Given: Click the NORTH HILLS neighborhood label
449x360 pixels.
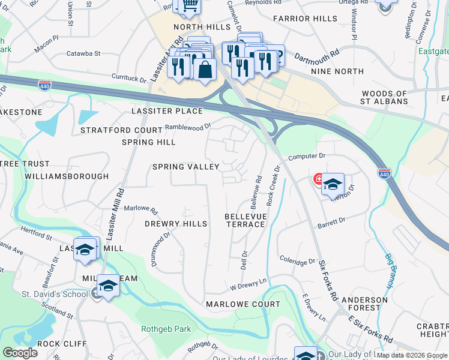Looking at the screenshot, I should pyautogui.click(x=202, y=28).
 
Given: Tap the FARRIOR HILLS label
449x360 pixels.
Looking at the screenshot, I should pyautogui.click(x=305, y=19).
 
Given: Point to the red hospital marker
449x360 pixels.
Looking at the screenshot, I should pyautogui.click(x=318, y=178).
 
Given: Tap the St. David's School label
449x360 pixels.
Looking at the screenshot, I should pyautogui.click(x=48, y=294).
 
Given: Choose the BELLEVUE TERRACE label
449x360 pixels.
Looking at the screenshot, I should pyautogui.click(x=245, y=220).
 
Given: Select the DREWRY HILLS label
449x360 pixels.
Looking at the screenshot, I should pyautogui.click(x=176, y=224).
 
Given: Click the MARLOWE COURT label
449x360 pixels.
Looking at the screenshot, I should pyautogui.click(x=243, y=304).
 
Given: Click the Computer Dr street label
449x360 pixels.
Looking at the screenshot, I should pyautogui.click(x=306, y=156).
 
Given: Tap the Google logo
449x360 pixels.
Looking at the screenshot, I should pyautogui.click(x=20, y=353).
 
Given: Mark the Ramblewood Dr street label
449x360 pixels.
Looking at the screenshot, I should pyautogui.click(x=188, y=127).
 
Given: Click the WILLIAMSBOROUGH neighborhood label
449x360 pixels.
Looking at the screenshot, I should pyautogui.click(x=67, y=176).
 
